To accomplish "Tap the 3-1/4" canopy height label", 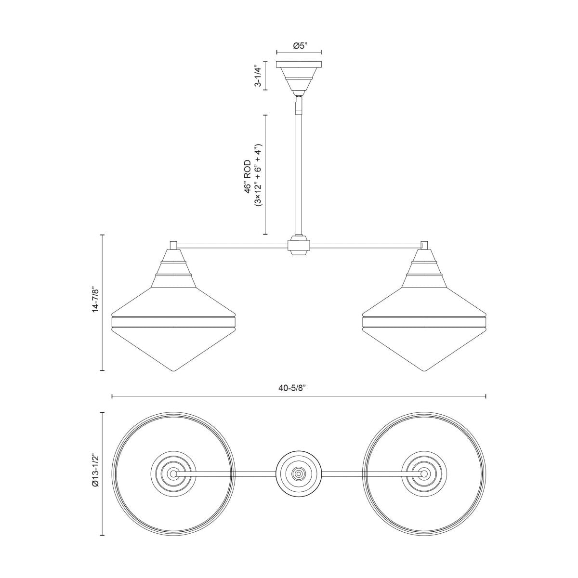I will [258, 76].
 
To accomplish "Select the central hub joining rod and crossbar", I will [299, 247].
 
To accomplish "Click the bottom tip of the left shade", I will [173, 370].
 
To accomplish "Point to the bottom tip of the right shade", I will [424, 370].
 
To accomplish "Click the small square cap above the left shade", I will [174, 245].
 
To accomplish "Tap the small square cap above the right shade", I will [424, 245].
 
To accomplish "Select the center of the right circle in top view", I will [424, 473].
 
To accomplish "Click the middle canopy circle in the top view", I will [299, 473].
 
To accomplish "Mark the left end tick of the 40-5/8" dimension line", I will [112, 396].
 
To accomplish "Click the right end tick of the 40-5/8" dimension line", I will [486, 396].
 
